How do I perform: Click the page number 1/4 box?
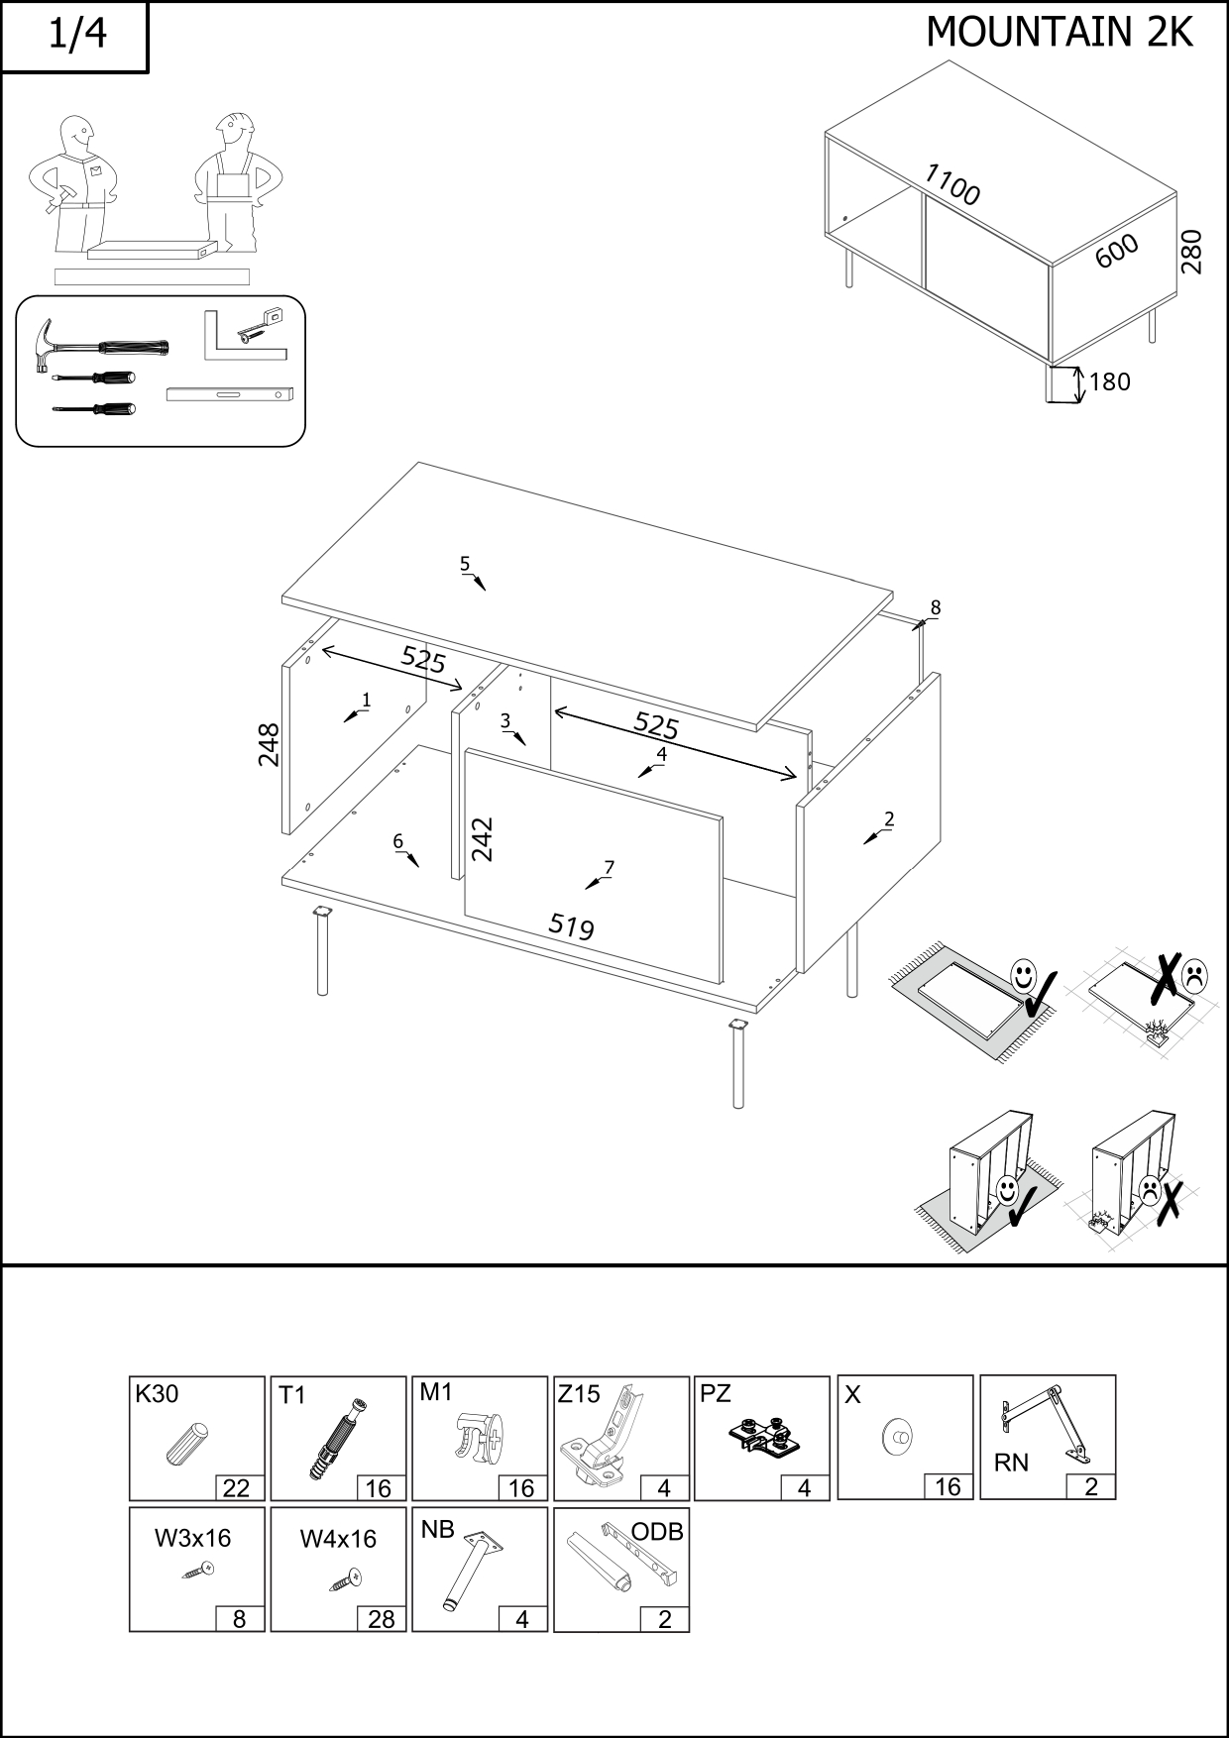[75, 36]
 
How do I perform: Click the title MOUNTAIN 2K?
[1059, 33]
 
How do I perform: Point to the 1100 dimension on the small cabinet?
[951, 185]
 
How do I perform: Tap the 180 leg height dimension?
[1109, 382]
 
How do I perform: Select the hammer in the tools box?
[99, 347]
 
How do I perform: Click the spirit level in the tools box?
[230, 394]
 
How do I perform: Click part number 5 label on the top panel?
[465, 564]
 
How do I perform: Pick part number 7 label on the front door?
[609, 867]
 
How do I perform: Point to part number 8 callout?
[935, 607]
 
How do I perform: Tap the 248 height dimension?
[269, 744]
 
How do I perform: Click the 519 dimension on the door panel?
[571, 926]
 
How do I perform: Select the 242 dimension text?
[482, 838]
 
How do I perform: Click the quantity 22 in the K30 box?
[237, 1487]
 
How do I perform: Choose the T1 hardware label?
[292, 1395]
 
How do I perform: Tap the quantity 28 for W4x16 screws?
[381, 1618]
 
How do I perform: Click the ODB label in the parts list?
[657, 1532]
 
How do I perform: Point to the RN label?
[1011, 1463]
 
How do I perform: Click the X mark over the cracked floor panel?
[1167, 976]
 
